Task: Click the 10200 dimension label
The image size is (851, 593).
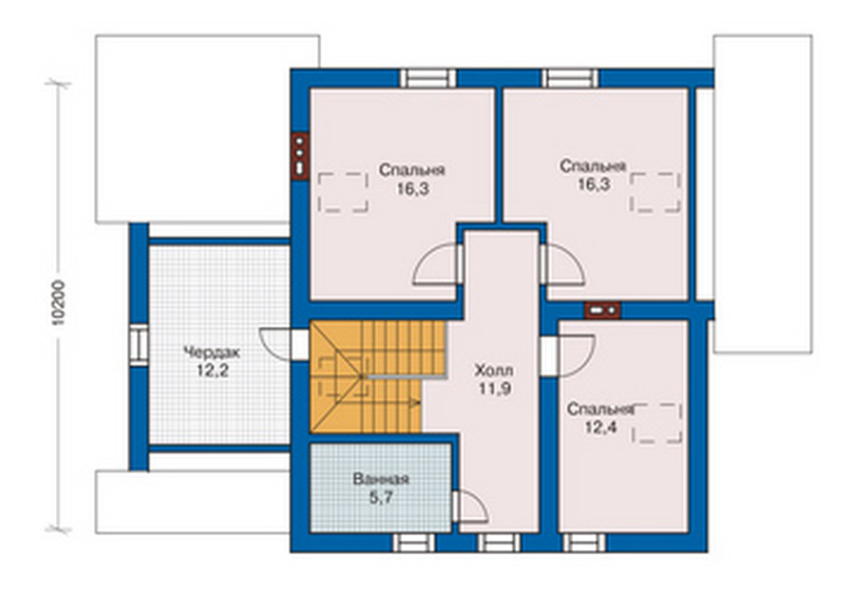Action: point(59,302)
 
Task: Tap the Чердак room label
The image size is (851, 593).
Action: point(212,353)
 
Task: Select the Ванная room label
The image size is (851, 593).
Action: point(381,480)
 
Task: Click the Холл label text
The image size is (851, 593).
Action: point(494,371)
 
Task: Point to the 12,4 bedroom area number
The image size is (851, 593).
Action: point(600,428)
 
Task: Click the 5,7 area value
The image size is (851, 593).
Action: point(381,497)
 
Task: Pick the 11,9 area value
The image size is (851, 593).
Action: point(495,389)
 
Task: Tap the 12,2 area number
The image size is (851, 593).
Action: point(212,371)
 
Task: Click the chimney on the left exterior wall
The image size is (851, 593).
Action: point(299,156)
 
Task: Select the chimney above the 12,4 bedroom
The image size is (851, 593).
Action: point(602,310)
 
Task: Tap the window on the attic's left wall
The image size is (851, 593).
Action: point(139,345)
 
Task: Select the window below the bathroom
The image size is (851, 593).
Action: point(414,543)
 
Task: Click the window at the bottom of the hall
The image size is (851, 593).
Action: point(499,543)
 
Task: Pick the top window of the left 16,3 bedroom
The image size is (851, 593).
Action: point(428,78)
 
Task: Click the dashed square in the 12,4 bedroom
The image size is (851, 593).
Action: point(657,424)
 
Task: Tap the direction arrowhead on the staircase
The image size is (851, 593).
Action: point(417,403)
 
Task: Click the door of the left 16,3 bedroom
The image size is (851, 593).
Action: point(438,264)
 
